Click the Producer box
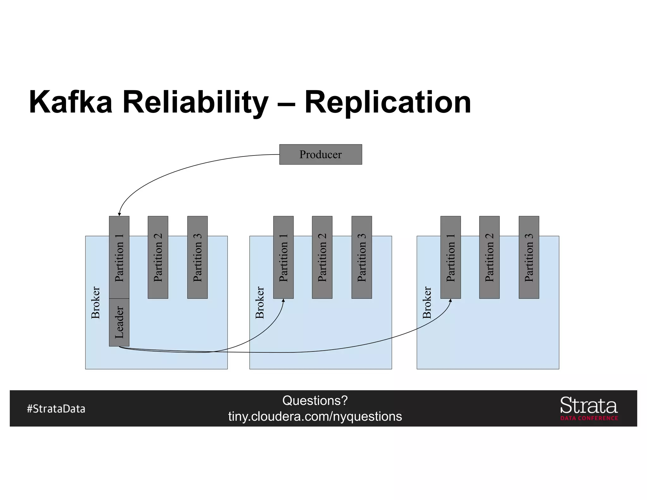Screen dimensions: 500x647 pyautogui.click(x=320, y=154)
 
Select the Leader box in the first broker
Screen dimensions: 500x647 pyautogui.click(x=119, y=322)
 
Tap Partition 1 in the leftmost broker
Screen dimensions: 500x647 pyautogui.click(x=119, y=257)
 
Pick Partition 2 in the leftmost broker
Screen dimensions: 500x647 pyautogui.click(x=158, y=257)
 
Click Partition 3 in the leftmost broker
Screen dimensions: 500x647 pyautogui.click(x=197, y=257)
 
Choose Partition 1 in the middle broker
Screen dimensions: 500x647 pyautogui.click(x=283, y=257)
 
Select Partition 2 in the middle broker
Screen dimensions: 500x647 pyautogui.click(x=322, y=257)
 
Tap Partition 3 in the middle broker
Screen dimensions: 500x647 pyautogui.click(x=361, y=257)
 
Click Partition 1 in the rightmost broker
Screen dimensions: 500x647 pyautogui.click(x=450, y=257)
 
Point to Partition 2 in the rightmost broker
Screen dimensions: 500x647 pyautogui.click(x=489, y=257)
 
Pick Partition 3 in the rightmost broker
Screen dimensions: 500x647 pyautogui.click(x=529, y=257)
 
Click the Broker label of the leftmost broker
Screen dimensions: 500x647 pyautogui.click(x=95, y=302)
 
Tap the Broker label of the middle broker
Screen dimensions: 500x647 pyautogui.click(x=259, y=302)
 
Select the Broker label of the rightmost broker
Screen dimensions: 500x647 pyautogui.click(x=427, y=302)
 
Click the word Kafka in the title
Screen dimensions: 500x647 pyautogui.click(x=70, y=102)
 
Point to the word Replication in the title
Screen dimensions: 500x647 pyautogui.click(x=387, y=102)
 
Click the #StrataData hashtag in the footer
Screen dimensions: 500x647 pyautogui.click(x=56, y=409)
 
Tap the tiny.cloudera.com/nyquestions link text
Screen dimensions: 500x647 pyautogui.click(x=315, y=416)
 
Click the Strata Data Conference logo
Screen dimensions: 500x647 pyautogui.click(x=589, y=408)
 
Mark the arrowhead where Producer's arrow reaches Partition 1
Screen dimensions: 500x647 pyautogui.click(x=119, y=214)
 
